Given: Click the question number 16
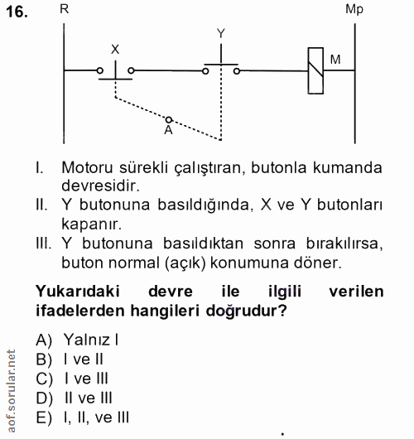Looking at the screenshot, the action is point(17,14).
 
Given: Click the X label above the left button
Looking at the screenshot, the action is point(115,50).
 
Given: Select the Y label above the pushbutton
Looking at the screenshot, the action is point(220,33).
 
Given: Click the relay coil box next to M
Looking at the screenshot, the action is point(314,70).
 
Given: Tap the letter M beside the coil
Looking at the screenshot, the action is point(335,59).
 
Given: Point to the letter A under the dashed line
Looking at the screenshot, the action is point(168,130).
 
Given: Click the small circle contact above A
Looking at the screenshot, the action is point(168,119).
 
